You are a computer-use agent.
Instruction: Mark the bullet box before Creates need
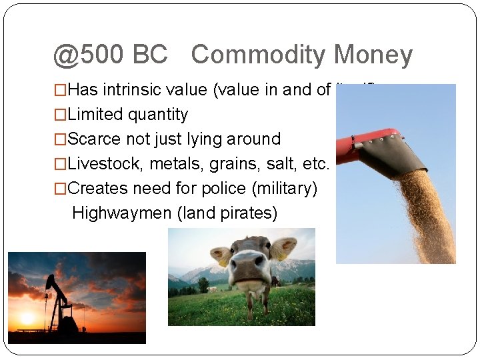61,189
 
